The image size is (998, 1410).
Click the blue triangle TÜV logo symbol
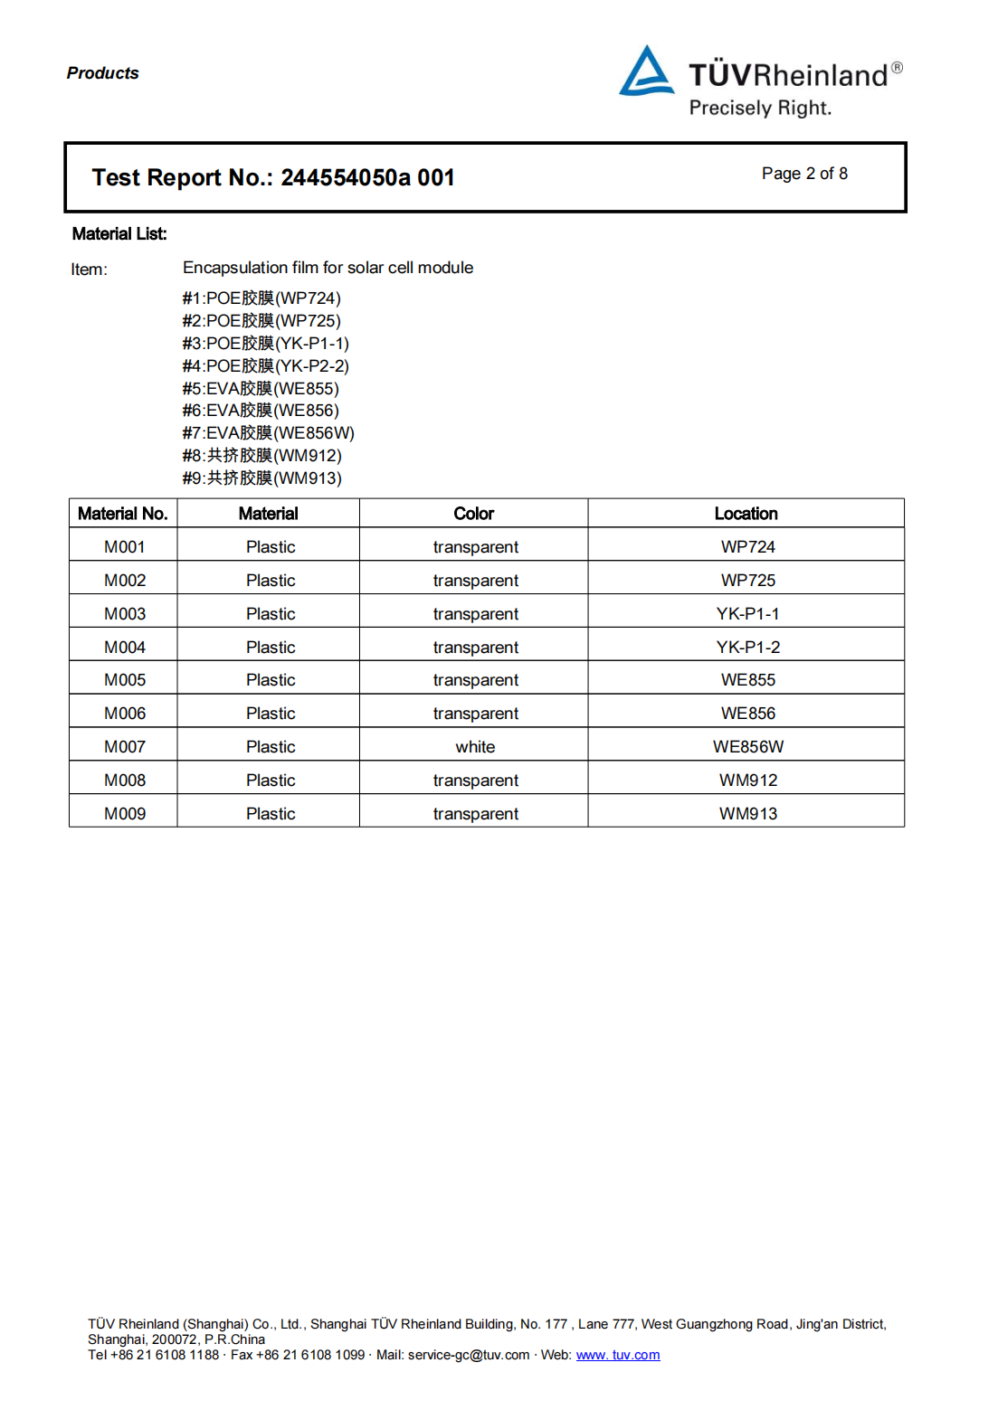point(646,72)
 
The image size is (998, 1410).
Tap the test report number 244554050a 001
point(367,177)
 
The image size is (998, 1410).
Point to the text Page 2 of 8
point(804,174)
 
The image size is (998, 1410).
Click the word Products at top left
point(103,73)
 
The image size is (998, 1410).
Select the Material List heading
point(119,234)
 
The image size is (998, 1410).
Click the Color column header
point(473,514)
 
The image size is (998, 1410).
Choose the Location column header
point(746,514)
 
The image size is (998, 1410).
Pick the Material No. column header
point(123,514)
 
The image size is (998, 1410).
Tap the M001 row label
point(125,547)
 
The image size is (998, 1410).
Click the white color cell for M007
point(475,747)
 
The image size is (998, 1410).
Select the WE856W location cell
point(748,747)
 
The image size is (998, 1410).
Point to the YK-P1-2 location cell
point(748,648)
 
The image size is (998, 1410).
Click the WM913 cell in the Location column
point(748,814)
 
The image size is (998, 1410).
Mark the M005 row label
point(125,680)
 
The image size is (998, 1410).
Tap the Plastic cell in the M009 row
point(271,814)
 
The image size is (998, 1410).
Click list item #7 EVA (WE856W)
point(268,433)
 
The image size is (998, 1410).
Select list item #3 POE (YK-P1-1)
point(265,344)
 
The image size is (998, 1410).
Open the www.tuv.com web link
point(618,1355)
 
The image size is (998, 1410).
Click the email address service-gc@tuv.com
point(469,1355)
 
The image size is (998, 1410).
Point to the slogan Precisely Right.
point(760,109)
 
